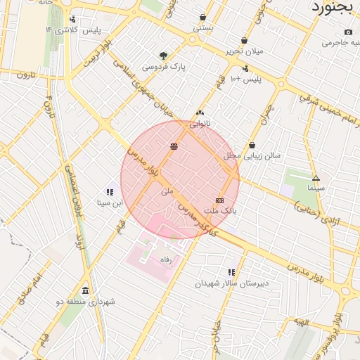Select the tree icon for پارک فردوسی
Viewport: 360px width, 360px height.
click(x=164, y=56)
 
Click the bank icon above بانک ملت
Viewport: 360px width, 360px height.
click(x=220, y=200)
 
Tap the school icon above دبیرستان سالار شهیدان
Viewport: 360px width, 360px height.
click(x=231, y=272)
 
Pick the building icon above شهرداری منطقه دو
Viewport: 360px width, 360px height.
click(x=85, y=290)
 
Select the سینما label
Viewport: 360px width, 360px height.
click(x=316, y=188)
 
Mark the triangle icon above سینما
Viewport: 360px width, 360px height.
click(x=316, y=178)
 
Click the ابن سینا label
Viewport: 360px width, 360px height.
click(x=109, y=203)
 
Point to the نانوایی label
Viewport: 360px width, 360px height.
click(x=200, y=123)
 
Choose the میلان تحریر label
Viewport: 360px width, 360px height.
click(x=243, y=51)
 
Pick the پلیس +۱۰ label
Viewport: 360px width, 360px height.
click(x=245, y=79)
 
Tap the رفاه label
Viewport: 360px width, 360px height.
click(x=166, y=260)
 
